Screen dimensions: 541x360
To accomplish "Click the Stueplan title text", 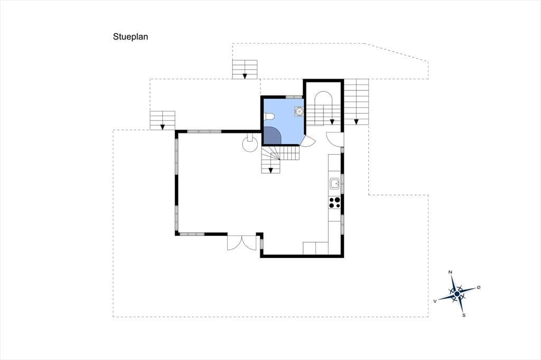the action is click(130, 37).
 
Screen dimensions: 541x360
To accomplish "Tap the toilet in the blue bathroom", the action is click(269, 117).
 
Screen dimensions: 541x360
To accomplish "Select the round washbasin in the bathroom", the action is click(299, 111).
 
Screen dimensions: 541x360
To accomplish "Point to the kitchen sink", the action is click(334, 184).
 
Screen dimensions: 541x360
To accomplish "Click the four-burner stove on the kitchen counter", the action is click(334, 202).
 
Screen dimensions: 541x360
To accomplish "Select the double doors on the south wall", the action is click(242, 242).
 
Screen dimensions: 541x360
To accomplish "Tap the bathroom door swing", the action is click(307, 141).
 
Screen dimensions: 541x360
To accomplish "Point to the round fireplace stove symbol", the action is click(250, 144).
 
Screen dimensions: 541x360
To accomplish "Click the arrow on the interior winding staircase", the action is click(271, 170).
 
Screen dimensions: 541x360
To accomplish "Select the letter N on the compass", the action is click(450, 272).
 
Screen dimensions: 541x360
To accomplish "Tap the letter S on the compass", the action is click(464, 315).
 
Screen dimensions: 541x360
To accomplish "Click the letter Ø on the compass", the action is click(479, 287).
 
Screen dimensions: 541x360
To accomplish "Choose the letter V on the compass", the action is click(435, 301).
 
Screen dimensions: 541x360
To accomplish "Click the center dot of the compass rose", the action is click(457, 294).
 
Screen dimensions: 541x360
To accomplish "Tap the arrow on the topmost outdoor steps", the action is click(245, 76).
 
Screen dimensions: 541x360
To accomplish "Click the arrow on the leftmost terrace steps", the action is click(162, 127).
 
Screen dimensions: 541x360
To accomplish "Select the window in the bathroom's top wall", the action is click(294, 97).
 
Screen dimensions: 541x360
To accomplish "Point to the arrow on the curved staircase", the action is click(332, 121).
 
